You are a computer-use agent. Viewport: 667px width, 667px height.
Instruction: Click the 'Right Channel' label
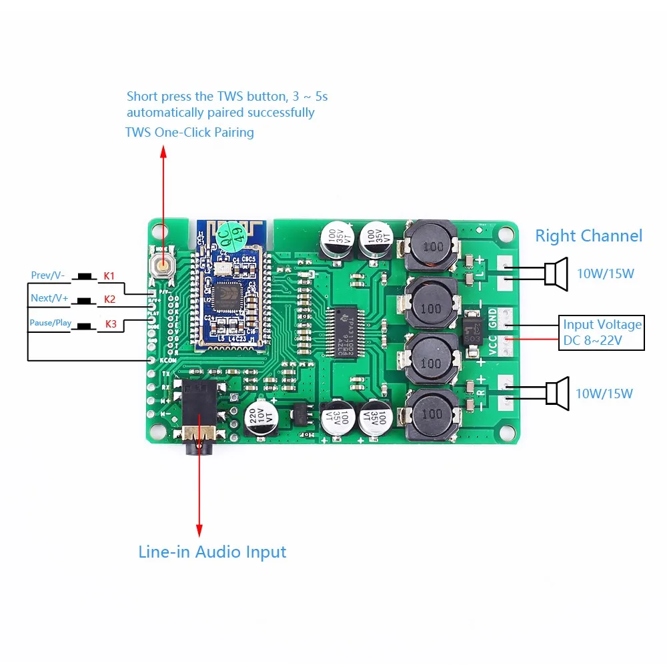[x=588, y=235]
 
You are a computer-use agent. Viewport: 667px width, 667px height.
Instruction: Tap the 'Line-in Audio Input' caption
[x=212, y=552]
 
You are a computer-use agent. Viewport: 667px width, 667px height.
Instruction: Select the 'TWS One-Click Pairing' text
[x=189, y=132]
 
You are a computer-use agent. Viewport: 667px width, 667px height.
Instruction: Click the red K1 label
[x=109, y=275]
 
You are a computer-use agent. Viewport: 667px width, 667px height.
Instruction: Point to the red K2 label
[x=109, y=299]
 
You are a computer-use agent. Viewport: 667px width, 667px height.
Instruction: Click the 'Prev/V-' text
[x=48, y=275]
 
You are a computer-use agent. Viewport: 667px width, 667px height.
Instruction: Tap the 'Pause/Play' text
[x=50, y=323]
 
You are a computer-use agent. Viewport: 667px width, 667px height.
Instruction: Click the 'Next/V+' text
[x=49, y=298]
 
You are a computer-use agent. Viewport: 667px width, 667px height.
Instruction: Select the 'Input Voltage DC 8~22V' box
[x=602, y=333]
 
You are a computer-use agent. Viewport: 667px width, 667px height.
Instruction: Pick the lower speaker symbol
[x=556, y=393]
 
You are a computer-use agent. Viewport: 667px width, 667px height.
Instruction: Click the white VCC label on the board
[x=493, y=345]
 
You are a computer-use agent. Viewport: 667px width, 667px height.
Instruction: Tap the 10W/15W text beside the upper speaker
[x=604, y=273]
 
